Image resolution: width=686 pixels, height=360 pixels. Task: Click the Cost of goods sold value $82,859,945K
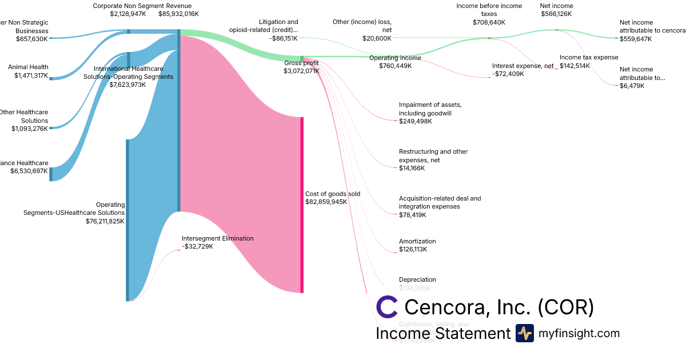pos(326,202)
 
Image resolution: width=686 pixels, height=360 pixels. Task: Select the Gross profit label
pos(301,63)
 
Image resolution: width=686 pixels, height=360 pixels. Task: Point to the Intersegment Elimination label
pos(217,238)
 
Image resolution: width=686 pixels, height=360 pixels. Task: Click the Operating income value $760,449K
pos(395,66)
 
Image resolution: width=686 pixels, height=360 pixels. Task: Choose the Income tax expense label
pos(589,58)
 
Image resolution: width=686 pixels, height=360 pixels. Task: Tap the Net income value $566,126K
pos(556,14)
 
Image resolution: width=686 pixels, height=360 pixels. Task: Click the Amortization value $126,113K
pos(413,250)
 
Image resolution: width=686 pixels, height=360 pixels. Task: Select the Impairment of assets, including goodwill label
pos(430,109)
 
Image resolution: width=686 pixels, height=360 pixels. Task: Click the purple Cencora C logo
pos(387,307)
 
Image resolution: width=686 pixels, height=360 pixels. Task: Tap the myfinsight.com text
pos(579,334)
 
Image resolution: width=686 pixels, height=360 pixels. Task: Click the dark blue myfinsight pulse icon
pos(524,333)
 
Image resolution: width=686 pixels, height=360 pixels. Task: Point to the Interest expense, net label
pos(523,66)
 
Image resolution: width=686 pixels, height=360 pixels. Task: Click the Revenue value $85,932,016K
pos(178,14)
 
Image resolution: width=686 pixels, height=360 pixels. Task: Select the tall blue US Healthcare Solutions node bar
pos(127,220)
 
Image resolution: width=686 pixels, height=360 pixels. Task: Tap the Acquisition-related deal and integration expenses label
pos(440,202)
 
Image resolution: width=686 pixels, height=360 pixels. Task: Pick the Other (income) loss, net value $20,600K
pos(377,38)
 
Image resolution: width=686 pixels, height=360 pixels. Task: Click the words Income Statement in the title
pos(442,334)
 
